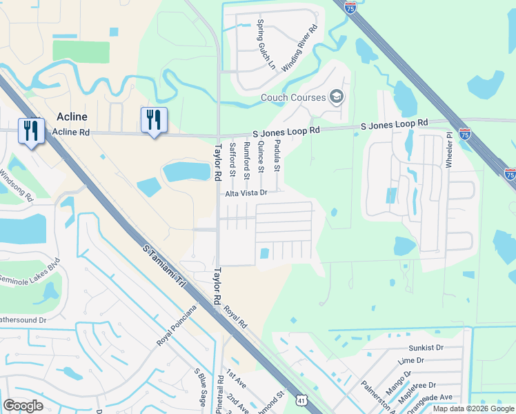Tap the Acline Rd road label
(71, 132)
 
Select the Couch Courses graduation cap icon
(337, 97)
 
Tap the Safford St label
(232, 157)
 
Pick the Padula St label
(277, 155)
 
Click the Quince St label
(261, 157)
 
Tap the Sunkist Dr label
(425, 348)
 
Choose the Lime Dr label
(411, 360)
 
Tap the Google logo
(23, 405)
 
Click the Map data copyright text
(473, 408)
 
